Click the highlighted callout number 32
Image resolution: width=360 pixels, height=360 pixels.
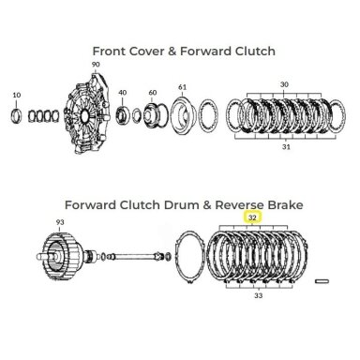tap(252, 217)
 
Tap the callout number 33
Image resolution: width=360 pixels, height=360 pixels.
tap(258, 295)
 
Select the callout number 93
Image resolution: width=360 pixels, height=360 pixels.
tap(60, 222)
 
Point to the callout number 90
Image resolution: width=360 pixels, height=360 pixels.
tap(96, 65)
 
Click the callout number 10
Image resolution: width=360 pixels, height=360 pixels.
tap(17, 95)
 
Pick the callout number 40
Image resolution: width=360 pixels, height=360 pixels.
tap(123, 93)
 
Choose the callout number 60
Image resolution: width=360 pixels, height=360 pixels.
tap(153, 93)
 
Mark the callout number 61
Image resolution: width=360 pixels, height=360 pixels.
tap(183, 87)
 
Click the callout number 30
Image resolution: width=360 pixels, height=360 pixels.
tap(284, 84)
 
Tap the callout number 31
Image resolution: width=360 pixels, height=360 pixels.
tap(286, 146)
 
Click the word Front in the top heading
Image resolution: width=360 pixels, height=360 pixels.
tap(109, 51)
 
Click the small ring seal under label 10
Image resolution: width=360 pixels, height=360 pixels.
tap(17, 115)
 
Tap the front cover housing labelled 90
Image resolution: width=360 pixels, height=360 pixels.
tap(86, 113)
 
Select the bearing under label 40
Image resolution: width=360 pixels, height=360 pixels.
tap(122, 114)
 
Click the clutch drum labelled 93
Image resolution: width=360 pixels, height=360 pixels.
tap(59, 255)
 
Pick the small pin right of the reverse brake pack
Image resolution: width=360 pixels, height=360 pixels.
tap(322, 281)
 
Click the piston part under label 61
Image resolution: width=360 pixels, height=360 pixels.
tap(184, 116)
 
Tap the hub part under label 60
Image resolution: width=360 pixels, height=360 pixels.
tap(152, 115)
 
